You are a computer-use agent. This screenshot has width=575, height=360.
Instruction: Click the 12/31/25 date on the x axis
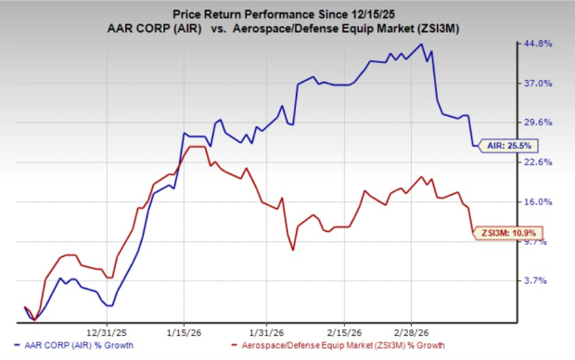click(105, 330)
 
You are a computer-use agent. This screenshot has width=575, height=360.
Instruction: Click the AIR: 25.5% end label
click(508, 145)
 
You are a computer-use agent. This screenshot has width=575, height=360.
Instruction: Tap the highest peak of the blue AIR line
click(423, 45)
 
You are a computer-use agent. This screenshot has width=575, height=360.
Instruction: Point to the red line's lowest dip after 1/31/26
click(292, 250)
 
